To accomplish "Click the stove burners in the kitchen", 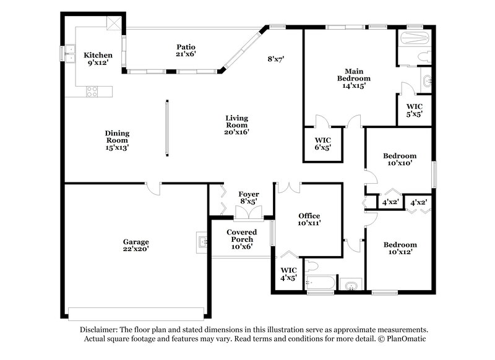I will click(92, 92).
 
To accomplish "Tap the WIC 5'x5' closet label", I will click(414, 110).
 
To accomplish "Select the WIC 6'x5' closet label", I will click(324, 144).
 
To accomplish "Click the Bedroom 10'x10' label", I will click(399, 160).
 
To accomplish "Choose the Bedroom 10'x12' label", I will click(399, 248).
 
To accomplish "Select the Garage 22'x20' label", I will click(135, 245).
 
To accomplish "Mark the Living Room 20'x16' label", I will click(236, 125).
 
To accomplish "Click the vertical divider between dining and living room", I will click(166, 127).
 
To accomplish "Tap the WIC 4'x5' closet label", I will click(288, 274).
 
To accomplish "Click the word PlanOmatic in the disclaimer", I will click(407, 339).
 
